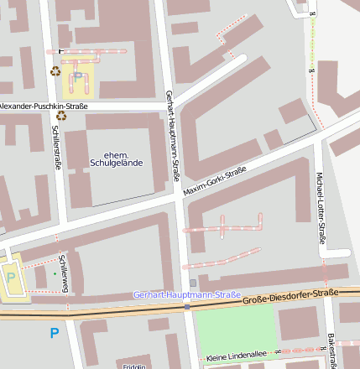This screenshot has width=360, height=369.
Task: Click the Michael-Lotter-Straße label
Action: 320,203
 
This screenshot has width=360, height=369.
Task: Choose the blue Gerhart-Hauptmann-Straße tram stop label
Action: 187,295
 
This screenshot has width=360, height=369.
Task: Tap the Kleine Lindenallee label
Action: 235,356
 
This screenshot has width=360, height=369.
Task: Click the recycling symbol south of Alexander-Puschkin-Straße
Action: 61,116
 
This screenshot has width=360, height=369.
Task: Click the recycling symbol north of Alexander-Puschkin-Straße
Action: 55,71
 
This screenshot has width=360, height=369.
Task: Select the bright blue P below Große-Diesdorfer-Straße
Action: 55,333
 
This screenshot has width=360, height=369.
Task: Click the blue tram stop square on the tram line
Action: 187,306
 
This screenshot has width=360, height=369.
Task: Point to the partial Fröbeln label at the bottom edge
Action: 134,366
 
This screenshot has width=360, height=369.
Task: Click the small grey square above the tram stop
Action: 193,283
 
